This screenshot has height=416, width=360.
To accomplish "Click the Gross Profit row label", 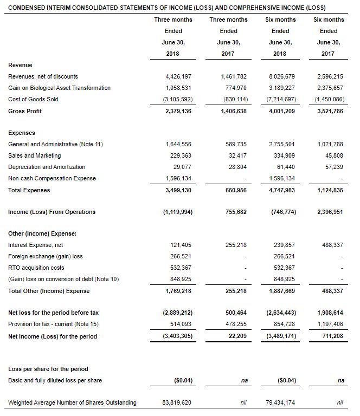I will coord(25,111).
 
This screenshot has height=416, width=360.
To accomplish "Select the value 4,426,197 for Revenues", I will coord(178,76).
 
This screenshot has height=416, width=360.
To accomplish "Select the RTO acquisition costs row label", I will coord(36,268).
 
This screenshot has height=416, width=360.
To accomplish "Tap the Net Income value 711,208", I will coord(331,336).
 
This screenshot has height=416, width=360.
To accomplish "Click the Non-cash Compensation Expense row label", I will coord(52,178).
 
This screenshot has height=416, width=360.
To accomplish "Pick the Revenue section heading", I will coord(20,65).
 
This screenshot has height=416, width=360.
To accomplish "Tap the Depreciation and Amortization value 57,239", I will coord(332,167).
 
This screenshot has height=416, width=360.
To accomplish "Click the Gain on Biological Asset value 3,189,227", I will coord(282,88).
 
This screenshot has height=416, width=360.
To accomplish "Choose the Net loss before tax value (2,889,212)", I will coord(177,313).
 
